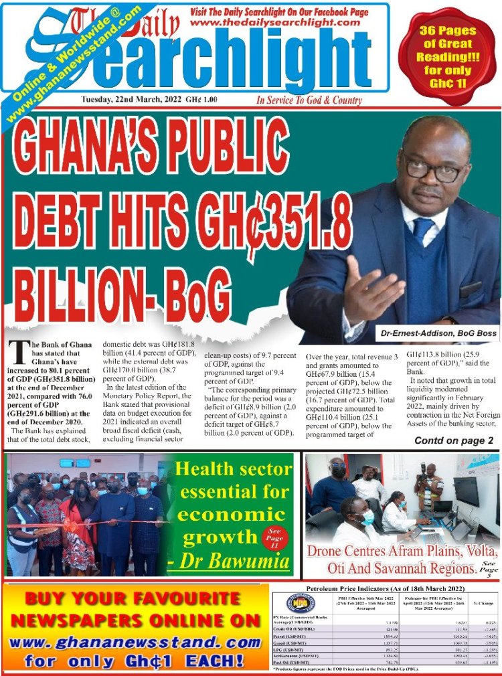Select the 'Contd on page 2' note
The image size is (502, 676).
point(454,440)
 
